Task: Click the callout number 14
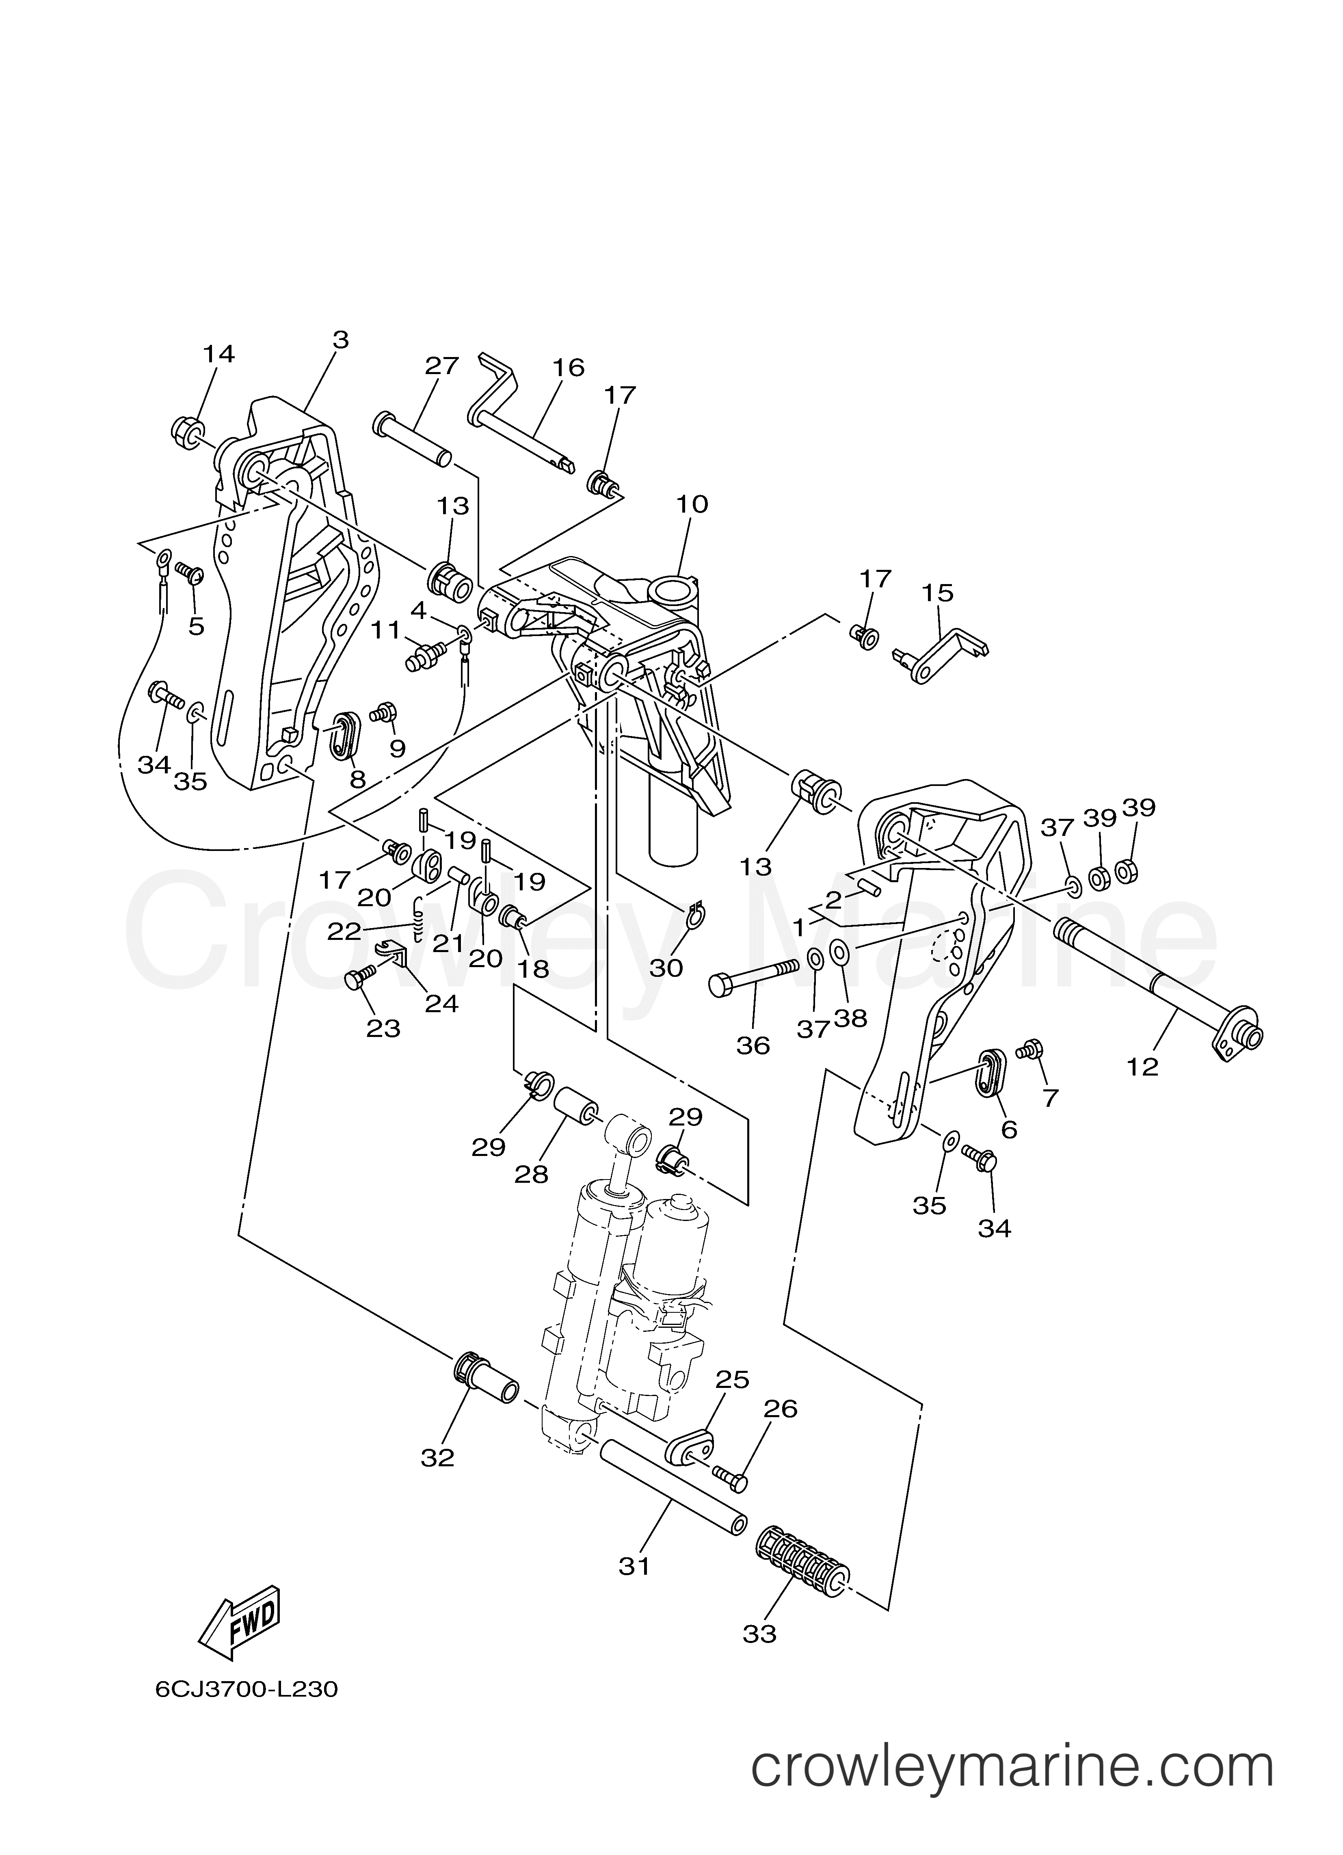(x=218, y=354)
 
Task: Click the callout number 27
(x=442, y=366)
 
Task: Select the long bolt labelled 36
(x=753, y=977)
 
